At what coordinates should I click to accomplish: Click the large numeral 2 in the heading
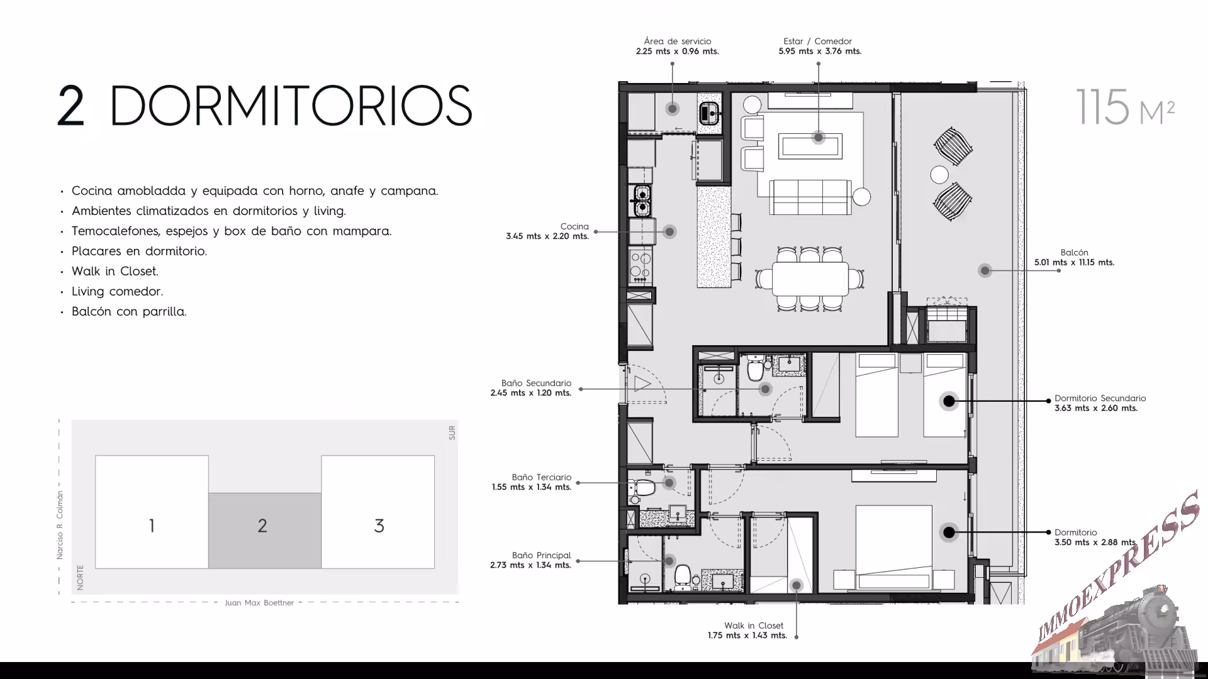click(x=71, y=107)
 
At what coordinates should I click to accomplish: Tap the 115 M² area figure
click(x=1125, y=107)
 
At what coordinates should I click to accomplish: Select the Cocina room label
click(x=574, y=226)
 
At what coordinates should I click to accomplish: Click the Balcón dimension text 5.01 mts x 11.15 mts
click(x=1074, y=263)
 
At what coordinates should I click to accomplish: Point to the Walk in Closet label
click(x=754, y=626)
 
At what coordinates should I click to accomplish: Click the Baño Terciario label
click(x=542, y=477)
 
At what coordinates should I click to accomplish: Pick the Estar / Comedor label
click(x=818, y=41)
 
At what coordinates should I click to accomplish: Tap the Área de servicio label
click(x=678, y=41)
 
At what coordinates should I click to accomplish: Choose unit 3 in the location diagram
click(x=378, y=512)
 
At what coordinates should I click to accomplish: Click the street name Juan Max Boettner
click(x=259, y=603)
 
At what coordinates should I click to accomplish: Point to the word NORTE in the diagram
click(x=80, y=577)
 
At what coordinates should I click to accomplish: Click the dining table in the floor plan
click(x=810, y=277)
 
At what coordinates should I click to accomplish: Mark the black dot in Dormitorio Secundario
click(x=949, y=400)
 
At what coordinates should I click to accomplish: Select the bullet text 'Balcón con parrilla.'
click(x=129, y=312)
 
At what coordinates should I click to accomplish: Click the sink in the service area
click(x=708, y=114)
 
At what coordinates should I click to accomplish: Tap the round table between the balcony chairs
click(x=939, y=174)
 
